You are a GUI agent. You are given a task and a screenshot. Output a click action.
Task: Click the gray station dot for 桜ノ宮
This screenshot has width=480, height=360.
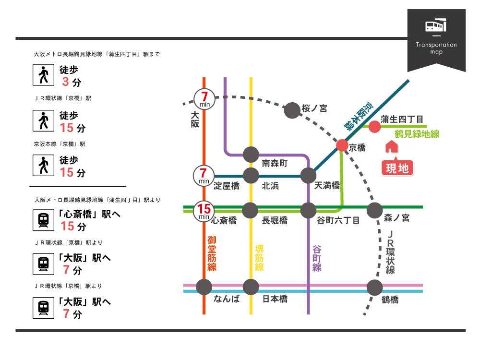point(292,110)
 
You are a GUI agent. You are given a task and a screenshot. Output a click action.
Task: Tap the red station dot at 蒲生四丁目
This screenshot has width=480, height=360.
point(374,126)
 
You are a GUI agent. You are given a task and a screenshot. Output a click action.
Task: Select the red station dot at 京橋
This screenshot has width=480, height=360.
point(342,145)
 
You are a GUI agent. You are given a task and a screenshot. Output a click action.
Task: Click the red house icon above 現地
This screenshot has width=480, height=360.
point(391,146)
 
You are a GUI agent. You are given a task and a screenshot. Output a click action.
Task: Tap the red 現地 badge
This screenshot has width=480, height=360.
point(397,168)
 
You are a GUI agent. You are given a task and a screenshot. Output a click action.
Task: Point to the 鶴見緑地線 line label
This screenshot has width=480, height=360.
point(417,134)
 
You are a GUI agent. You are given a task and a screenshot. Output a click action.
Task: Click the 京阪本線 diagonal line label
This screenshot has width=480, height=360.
point(358,116)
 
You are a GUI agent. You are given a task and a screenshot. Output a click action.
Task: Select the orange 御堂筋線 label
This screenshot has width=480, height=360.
point(212,253)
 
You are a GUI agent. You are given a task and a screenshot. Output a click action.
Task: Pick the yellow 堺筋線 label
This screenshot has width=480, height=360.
point(259,258)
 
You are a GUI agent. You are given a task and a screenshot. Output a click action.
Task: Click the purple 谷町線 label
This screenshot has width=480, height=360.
point(316,258)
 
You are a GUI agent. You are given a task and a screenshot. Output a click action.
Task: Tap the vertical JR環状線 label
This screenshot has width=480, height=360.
point(390,252)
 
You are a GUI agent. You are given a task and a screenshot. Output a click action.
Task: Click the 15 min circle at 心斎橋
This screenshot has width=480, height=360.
point(204,211)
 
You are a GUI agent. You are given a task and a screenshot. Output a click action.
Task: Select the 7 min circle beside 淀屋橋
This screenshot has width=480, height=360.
point(204,176)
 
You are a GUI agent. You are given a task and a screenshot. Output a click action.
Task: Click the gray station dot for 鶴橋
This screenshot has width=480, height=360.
point(374,288)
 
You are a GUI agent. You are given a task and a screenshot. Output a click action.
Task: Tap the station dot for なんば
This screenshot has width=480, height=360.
point(204,287)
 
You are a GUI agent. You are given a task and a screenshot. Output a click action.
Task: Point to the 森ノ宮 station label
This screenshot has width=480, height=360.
point(397,218)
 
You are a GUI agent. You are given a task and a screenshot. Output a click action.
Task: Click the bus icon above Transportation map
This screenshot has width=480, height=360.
point(436,25)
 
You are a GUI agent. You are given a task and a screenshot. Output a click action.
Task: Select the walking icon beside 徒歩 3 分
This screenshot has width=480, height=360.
point(44,75)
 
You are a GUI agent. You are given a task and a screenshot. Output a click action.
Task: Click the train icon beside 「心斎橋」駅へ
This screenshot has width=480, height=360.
point(44,220)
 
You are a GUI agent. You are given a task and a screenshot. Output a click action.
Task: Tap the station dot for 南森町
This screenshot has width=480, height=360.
point(251,154)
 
